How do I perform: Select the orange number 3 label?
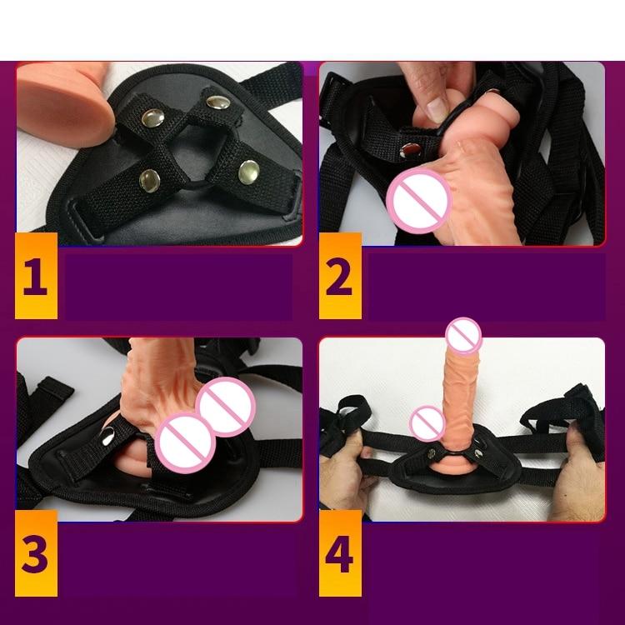36,552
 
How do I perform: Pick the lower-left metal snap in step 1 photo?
149,177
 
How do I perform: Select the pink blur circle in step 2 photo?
419,199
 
